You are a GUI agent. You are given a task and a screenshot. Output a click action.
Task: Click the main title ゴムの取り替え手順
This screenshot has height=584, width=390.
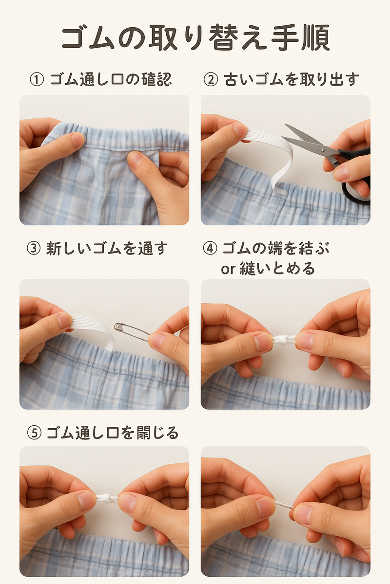click(195, 37)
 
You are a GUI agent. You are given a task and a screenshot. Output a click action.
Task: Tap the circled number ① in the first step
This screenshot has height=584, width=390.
click(37, 79)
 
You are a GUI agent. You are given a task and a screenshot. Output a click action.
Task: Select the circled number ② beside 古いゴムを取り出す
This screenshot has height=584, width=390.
click(211, 79)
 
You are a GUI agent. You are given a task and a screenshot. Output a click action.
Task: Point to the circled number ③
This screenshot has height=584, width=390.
click(34, 248)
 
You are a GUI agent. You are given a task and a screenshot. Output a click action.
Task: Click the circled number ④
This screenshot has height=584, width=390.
click(210, 248)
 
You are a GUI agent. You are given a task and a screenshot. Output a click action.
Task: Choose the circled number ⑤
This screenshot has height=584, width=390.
click(34, 433)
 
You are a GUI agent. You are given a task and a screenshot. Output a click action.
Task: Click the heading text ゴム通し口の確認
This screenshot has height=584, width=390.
click(111, 79)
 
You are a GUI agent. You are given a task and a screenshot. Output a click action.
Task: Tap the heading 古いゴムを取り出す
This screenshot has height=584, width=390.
click(291, 79)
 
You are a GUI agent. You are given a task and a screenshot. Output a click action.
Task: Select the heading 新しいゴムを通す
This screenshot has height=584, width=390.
click(107, 248)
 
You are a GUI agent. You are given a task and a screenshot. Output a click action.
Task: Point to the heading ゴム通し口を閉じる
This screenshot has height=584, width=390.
click(113, 433)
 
